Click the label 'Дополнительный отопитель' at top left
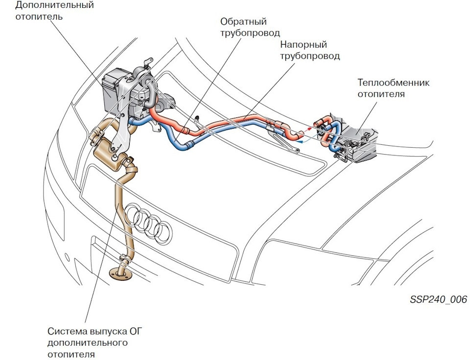(54, 10)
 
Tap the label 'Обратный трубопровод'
(250, 27)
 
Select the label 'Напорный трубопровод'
(310, 50)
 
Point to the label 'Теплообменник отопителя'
(393, 89)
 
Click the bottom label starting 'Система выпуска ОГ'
(94, 342)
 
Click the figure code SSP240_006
(439, 299)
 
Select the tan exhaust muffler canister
(109, 155)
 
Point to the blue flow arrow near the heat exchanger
(307, 139)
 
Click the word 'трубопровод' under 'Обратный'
(250, 33)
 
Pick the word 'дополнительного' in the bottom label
(88, 342)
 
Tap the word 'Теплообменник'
(393, 83)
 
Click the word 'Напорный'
(304, 45)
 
